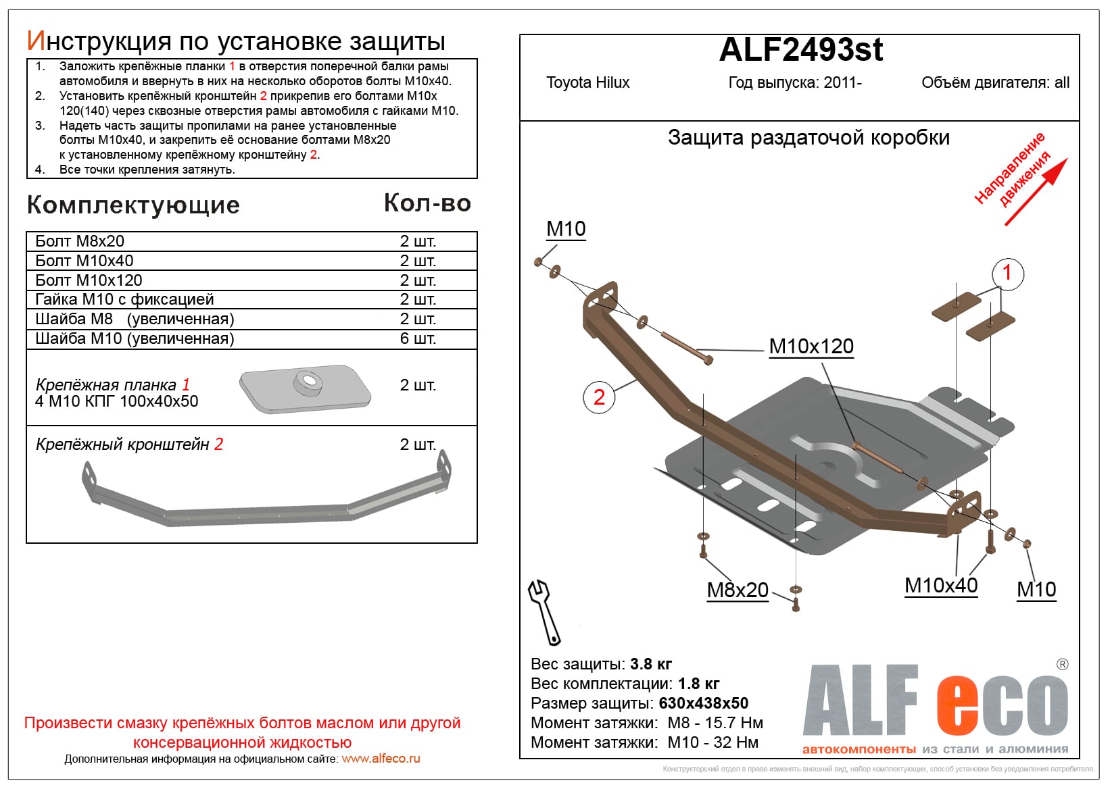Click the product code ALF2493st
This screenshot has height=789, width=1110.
coord(801,50)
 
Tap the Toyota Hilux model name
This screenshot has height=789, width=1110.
coord(587,83)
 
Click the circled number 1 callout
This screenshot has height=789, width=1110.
coord(1007,273)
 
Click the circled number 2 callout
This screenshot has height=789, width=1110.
coord(599,397)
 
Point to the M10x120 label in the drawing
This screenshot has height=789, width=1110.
coord(811,347)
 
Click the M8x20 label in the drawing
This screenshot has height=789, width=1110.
coord(738,590)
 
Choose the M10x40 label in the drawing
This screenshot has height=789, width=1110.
coord(941,586)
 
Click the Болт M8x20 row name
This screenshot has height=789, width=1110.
coord(80,242)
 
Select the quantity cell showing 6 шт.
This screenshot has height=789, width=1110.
coord(418,338)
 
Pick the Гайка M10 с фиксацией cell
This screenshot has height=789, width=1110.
coord(124,299)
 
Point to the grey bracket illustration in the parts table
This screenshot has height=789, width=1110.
coord(266,496)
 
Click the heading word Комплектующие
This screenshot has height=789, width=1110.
coord(133,205)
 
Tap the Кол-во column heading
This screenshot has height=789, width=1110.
coord(427,203)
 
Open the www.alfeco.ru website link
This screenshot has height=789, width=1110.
coord(381,759)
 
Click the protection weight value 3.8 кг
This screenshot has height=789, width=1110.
coord(651,664)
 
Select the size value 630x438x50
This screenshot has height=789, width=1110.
coord(703,703)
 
